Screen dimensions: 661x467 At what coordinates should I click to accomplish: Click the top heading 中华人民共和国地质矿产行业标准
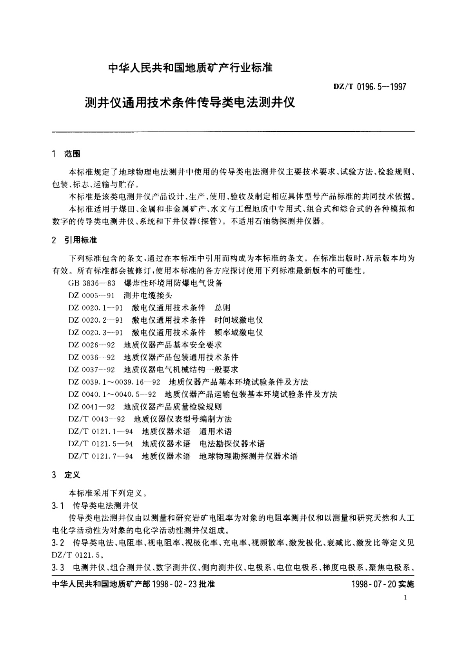(190, 68)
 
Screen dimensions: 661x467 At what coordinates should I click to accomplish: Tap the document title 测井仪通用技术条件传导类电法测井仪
(190, 103)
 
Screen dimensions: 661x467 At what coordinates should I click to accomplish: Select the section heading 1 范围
(66, 154)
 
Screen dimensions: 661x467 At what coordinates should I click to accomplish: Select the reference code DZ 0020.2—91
(96, 320)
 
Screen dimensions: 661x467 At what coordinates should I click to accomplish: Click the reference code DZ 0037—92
(92, 370)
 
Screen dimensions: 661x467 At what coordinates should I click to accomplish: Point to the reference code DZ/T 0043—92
(97, 419)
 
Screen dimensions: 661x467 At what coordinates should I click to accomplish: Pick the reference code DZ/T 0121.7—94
(101, 456)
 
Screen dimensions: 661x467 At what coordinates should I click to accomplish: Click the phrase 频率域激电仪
(239, 332)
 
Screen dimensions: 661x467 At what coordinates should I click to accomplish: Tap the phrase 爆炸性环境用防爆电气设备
(173, 283)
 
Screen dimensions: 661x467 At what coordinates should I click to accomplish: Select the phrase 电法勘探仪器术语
(232, 444)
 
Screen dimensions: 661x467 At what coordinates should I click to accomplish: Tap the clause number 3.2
(58, 543)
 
